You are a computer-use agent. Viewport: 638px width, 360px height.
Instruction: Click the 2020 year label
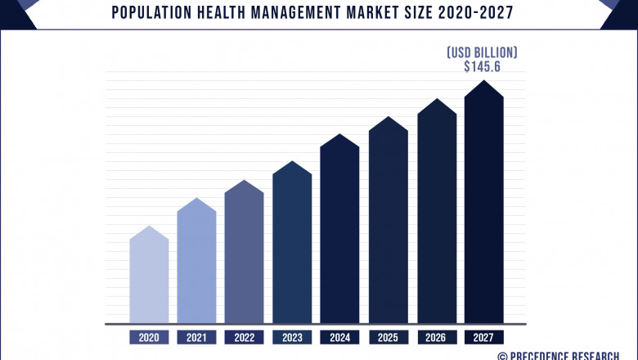pos(149,337)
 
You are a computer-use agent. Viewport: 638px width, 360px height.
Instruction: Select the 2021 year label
pos(196,337)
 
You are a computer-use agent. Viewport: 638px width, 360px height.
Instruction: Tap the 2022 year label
pos(244,337)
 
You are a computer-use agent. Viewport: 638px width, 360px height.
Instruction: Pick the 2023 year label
pos(292,337)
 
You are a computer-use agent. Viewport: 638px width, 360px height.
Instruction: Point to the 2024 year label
pos(339,337)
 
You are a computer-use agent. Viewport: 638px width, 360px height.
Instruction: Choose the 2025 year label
pos(388,337)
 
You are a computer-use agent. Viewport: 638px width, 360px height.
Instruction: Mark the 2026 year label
pos(437,337)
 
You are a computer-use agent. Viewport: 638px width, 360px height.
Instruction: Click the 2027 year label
pos(484,337)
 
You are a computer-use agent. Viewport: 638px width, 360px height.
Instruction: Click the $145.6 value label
pos(482,67)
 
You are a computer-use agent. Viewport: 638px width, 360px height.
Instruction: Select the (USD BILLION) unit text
pos(482,52)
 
